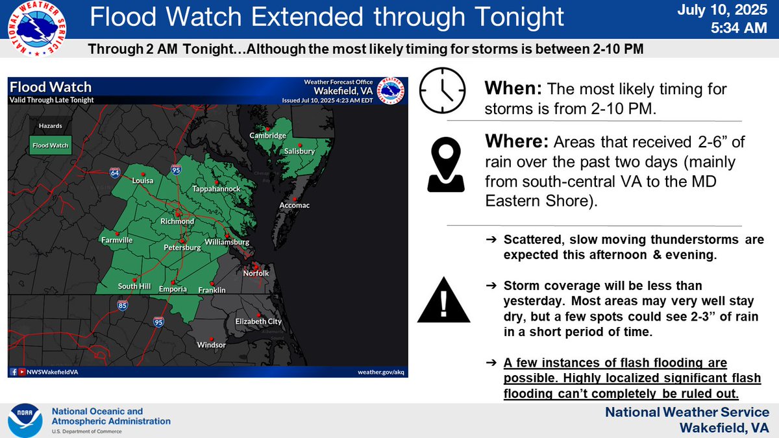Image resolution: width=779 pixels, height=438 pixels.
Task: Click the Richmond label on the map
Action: (177, 221)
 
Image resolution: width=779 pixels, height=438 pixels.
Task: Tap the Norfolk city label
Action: (256, 273)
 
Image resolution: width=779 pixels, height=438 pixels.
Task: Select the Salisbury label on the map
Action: (299, 151)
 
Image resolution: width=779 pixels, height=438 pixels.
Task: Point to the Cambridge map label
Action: (268, 136)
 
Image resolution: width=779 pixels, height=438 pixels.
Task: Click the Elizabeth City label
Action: (258, 321)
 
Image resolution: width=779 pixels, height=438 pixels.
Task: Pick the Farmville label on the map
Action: (117, 240)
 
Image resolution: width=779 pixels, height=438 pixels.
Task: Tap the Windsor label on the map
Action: (211, 345)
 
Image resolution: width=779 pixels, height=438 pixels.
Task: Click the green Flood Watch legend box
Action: (50, 145)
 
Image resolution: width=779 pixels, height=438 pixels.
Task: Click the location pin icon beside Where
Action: (445, 167)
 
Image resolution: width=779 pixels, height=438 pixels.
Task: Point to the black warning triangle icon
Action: (444, 301)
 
